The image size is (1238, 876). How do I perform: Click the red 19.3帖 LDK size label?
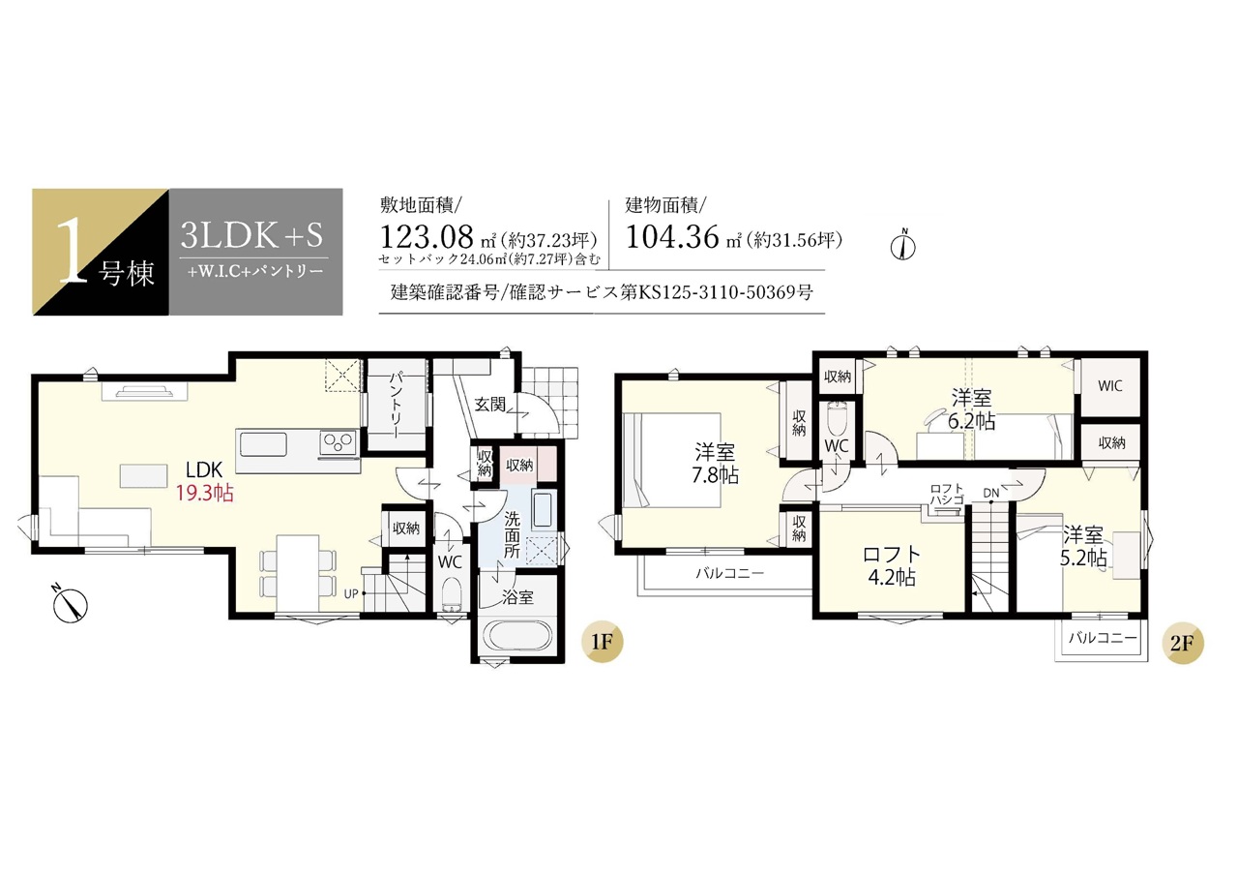[x=204, y=492]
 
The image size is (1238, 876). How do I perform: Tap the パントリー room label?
[x=397, y=406]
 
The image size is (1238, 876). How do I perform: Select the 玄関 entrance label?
[x=489, y=405]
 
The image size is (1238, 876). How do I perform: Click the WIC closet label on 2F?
[x=1109, y=385]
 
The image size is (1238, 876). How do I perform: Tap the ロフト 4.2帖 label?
[x=892, y=565]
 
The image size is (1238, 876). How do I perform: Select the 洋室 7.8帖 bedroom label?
[x=715, y=464]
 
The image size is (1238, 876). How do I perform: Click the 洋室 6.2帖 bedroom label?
[x=971, y=409]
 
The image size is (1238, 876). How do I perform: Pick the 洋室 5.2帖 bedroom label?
[x=1082, y=546]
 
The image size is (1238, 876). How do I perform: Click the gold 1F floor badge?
[x=602, y=642]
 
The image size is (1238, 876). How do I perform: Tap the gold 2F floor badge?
[x=1183, y=643]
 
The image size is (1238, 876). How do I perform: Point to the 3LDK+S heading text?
[x=252, y=235]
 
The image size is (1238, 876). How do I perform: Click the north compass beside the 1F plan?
[x=71, y=603]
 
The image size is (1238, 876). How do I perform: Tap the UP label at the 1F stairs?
[x=351, y=594]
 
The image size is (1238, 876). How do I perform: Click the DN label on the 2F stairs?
[x=990, y=493]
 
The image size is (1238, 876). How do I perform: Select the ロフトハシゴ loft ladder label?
[x=946, y=494]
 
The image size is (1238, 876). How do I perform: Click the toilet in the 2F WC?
[x=836, y=419]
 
